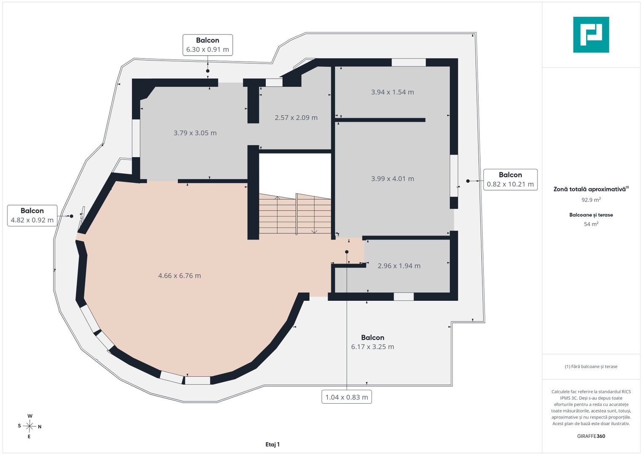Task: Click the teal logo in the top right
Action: (x=591, y=35)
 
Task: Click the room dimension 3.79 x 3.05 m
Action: (x=195, y=133)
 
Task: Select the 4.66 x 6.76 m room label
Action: (x=179, y=276)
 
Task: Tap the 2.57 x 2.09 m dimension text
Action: (x=296, y=118)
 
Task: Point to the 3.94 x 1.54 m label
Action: (x=392, y=92)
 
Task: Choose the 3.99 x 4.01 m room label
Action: (x=392, y=178)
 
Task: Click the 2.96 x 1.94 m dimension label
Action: (x=399, y=266)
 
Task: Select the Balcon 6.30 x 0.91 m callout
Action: (x=208, y=45)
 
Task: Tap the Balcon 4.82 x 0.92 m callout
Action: (x=32, y=215)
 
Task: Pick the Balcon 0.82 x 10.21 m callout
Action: (x=510, y=179)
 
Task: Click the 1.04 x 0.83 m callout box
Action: (x=347, y=397)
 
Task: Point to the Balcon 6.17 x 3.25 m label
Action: (x=373, y=342)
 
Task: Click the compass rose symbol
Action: (x=29, y=426)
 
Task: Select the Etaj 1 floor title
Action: (x=272, y=444)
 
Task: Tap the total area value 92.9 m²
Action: (x=591, y=200)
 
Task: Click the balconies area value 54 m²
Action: (x=591, y=224)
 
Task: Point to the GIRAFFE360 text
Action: (x=591, y=436)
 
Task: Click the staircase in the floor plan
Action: (x=295, y=214)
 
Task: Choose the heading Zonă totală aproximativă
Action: (x=591, y=189)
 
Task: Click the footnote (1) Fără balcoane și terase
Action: (x=591, y=367)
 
